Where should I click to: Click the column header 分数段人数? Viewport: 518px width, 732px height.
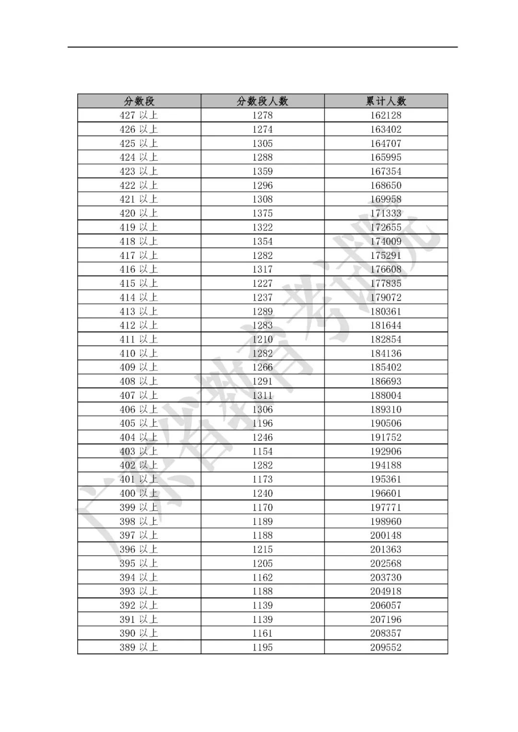click(262, 101)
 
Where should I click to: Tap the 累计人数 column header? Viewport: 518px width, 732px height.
click(386, 101)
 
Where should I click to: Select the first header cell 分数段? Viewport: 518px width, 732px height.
click(139, 101)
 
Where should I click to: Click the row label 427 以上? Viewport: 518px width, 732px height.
click(139, 115)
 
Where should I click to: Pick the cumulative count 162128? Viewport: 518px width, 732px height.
click(386, 115)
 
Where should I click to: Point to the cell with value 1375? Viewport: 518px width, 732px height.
click(262, 213)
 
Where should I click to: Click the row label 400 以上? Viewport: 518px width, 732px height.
click(139, 493)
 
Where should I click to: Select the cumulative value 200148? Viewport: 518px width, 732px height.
click(386, 535)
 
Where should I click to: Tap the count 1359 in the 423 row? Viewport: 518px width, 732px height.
click(262, 171)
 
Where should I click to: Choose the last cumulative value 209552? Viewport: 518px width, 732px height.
click(386, 647)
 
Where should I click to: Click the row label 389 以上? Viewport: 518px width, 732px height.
click(139, 647)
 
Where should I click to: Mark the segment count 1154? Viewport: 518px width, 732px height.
click(262, 451)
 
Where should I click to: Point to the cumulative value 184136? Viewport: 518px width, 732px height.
click(386, 353)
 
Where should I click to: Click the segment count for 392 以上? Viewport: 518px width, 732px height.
click(262, 605)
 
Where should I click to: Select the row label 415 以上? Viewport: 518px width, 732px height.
click(139, 283)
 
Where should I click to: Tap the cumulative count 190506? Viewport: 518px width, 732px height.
click(386, 423)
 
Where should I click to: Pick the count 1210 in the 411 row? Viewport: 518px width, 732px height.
click(262, 339)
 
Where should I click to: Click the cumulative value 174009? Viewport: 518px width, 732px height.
click(386, 241)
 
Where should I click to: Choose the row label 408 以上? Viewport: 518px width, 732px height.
click(139, 381)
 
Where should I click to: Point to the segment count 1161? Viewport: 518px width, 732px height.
click(262, 633)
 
